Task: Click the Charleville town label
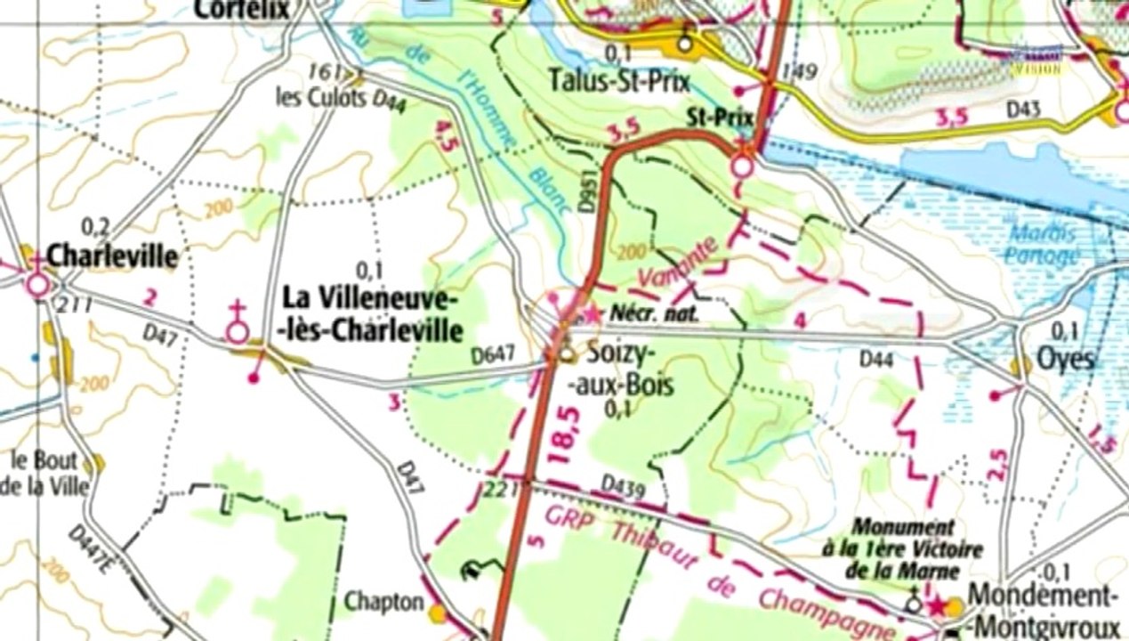(x=112, y=256)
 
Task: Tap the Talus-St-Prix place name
(x=619, y=81)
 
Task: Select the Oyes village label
(x=1065, y=359)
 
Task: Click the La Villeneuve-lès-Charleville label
(x=372, y=313)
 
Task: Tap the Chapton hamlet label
(x=383, y=602)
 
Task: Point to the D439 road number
(x=622, y=484)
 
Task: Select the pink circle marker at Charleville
(x=38, y=286)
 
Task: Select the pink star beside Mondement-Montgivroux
(x=935, y=605)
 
